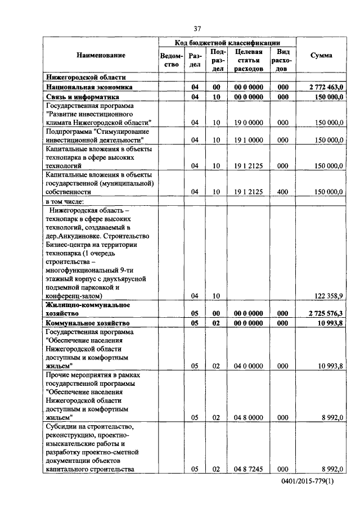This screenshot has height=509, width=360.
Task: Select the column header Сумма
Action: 321,55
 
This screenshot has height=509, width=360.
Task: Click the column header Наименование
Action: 102,55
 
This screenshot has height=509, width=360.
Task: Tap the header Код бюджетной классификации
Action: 227,42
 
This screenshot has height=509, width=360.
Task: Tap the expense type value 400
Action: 283,192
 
